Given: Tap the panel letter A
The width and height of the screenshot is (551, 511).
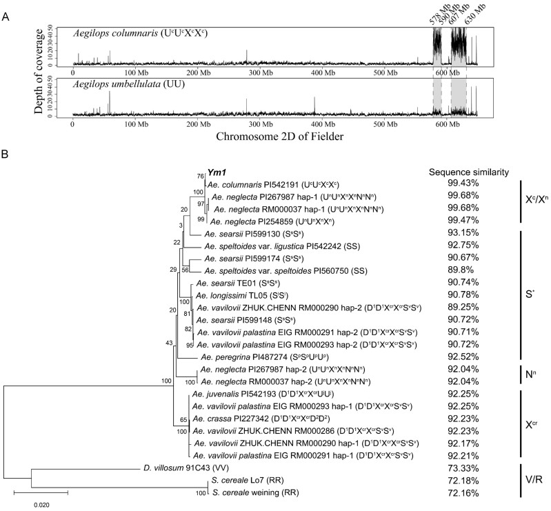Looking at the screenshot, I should pyautogui.click(x=7, y=6).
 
